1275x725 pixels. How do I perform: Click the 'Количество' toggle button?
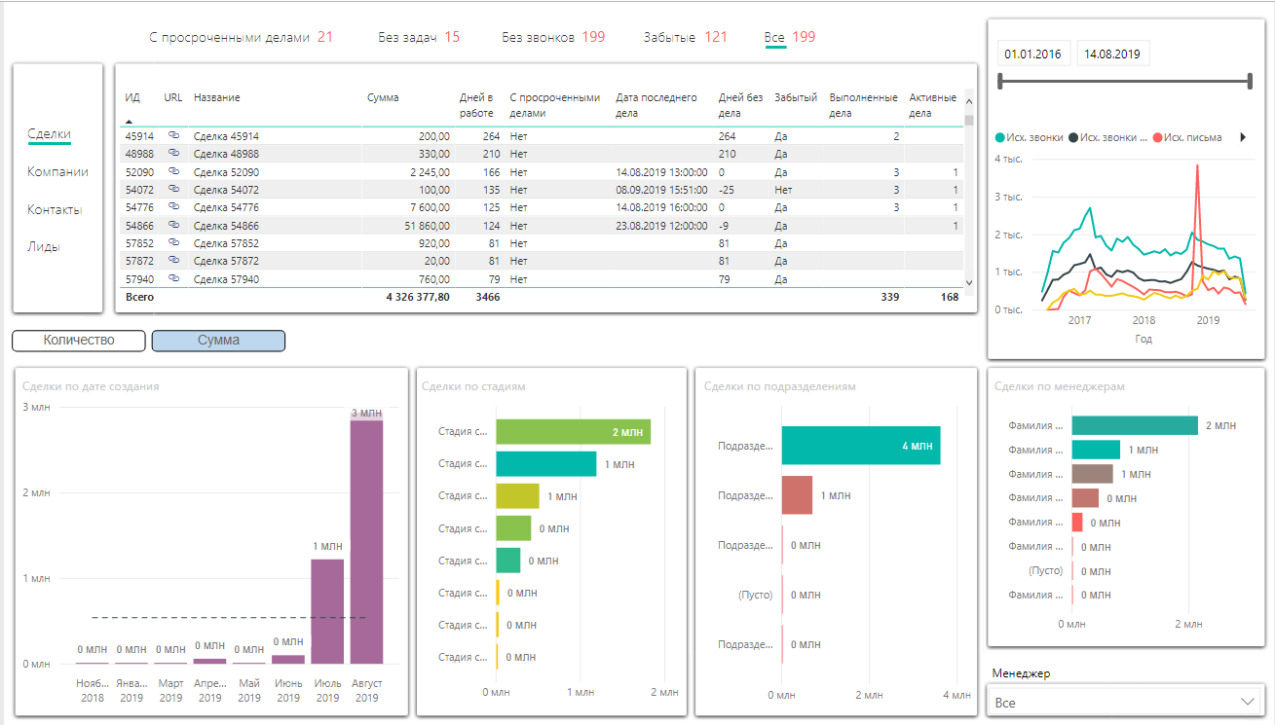(x=79, y=341)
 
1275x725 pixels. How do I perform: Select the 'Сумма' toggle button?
(x=219, y=341)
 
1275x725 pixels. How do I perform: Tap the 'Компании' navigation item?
(x=57, y=172)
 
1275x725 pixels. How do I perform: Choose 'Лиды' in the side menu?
(x=44, y=247)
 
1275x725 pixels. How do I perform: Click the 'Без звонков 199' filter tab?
(x=553, y=38)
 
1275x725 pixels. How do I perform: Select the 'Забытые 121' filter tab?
(x=685, y=38)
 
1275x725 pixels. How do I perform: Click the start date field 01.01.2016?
(x=1032, y=54)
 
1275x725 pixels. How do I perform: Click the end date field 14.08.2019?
(x=1114, y=54)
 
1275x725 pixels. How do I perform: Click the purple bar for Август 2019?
(x=366, y=540)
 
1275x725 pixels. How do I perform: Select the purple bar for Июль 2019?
(x=327, y=611)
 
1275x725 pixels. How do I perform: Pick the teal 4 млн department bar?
(x=860, y=446)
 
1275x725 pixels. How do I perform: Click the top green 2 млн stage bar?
(x=573, y=432)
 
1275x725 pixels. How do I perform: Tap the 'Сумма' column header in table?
(x=383, y=98)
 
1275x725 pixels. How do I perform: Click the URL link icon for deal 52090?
(x=174, y=171)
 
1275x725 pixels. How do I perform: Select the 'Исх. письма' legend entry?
(x=1187, y=138)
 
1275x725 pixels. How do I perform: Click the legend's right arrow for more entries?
(x=1243, y=138)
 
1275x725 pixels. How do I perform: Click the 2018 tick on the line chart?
(x=1144, y=320)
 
